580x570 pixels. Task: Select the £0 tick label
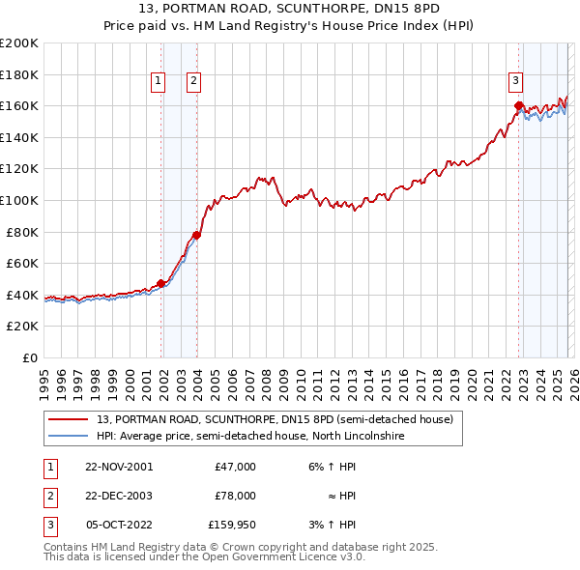[x=31, y=357]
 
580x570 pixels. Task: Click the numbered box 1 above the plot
[x=159, y=82]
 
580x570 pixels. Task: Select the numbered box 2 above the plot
[x=194, y=82]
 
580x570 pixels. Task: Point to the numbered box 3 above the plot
[x=516, y=82]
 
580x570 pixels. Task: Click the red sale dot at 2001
[x=161, y=283]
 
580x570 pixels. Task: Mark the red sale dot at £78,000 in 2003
[x=196, y=235]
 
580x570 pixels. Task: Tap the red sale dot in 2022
[x=519, y=105]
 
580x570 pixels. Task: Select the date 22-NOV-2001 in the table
[x=119, y=467]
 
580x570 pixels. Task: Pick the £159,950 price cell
[x=232, y=526]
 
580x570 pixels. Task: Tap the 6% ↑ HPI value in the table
[x=331, y=467]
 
